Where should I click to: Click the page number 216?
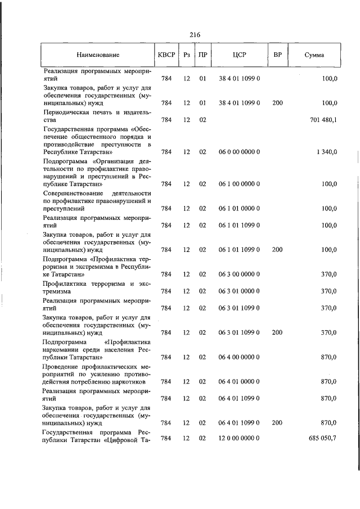point(195,35)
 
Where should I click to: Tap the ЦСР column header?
point(239,55)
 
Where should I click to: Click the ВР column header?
point(277,55)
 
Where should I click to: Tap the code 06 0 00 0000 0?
point(239,152)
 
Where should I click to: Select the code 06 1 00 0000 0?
point(239,184)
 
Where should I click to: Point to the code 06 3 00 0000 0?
point(239,274)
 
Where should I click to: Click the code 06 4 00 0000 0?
point(239,357)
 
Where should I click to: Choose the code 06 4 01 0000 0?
point(239,381)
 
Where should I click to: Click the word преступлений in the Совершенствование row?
point(61,208)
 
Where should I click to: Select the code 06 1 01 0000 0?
point(239,208)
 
